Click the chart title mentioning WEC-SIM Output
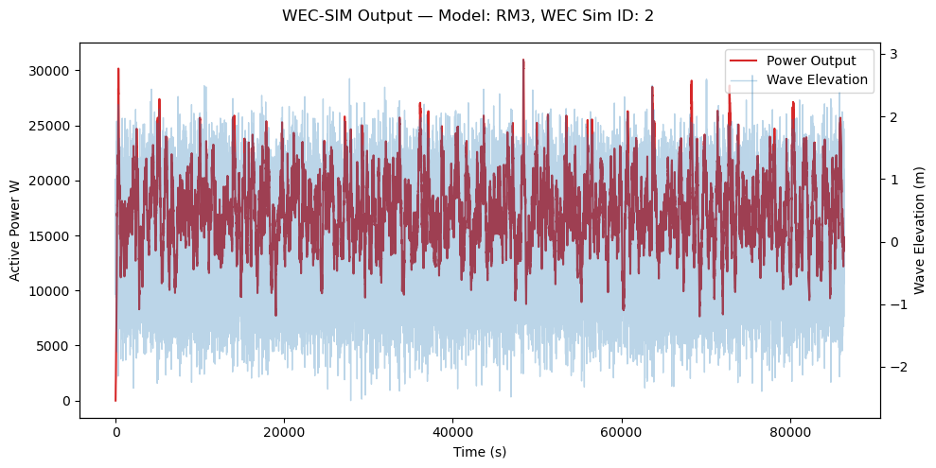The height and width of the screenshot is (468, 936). click(468, 16)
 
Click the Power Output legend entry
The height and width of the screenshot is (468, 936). click(811, 61)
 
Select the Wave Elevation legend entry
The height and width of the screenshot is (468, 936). click(817, 79)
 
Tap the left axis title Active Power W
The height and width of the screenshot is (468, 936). click(15, 232)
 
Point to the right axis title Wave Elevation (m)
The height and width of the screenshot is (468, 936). click(920, 232)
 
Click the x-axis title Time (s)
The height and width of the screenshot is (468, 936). click(480, 452)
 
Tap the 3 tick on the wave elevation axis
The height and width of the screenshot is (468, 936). click(892, 54)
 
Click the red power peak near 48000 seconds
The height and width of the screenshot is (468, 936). click(522, 61)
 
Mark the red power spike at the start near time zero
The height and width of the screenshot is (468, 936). click(118, 69)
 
